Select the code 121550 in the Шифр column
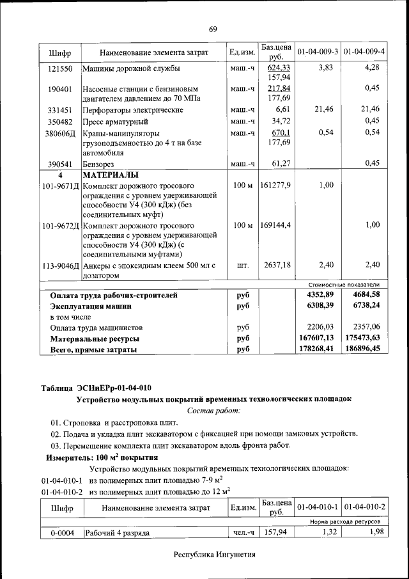[x=59, y=68]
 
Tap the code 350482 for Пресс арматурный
[x=59, y=121]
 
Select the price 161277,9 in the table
[x=276, y=186]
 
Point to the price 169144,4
[x=276, y=226]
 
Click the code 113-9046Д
[x=60, y=266]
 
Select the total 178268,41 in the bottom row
[x=316, y=349]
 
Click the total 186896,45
[x=362, y=349]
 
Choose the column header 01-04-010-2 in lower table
[x=364, y=507]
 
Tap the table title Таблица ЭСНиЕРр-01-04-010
[x=96, y=387]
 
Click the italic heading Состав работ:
[x=213, y=410]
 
